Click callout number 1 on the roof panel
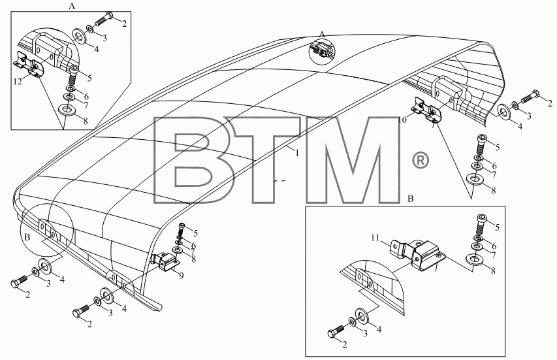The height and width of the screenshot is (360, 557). pyautogui.click(x=297, y=153)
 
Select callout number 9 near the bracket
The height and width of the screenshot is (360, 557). pyautogui.click(x=181, y=276)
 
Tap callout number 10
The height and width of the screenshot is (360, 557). pyautogui.click(x=402, y=120)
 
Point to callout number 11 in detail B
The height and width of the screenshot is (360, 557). pyautogui.click(x=376, y=238)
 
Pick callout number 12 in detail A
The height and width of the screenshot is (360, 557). pyautogui.click(x=18, y=82)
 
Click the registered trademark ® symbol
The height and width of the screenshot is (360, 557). pyautogui.click(x=420, y=161)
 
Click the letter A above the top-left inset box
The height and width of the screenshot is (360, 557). pyautogui.click(x=72, y=6)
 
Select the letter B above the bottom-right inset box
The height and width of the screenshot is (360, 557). pyautogui.click(x=410, y=199)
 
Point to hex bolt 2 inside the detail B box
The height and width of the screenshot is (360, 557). pyautogui.click(x=336, y=331)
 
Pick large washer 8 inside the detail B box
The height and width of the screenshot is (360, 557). pyautogui.click(x=473, y=259)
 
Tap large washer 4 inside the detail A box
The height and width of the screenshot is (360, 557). pyautogui.click(x=81, y=36)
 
